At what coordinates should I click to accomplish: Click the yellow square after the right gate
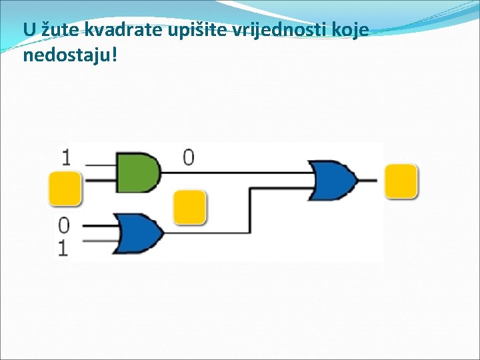click(401, 181)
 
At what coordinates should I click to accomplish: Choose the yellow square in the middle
click(190, 207)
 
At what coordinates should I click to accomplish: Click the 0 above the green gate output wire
click(189, 157)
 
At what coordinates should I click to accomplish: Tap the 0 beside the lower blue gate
click(64, 224)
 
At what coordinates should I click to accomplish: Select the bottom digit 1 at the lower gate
click(64, 248)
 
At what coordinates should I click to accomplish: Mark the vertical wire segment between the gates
click(251, 210)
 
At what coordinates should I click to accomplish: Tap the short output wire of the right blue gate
click(367, 180)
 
